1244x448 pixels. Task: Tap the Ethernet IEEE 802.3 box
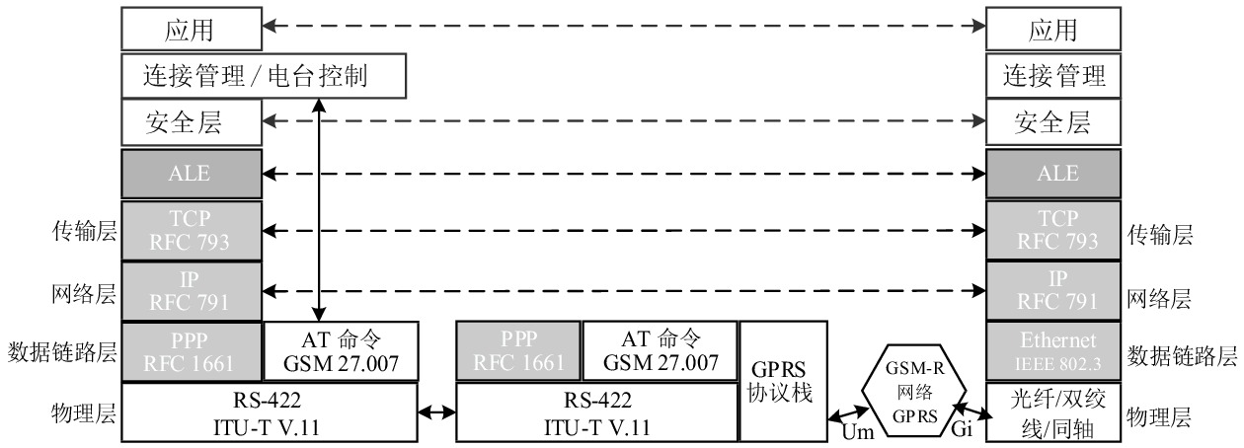(1052, 351)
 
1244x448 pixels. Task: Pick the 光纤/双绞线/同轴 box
(1052, 411)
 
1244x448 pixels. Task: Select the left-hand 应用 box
(191, 30)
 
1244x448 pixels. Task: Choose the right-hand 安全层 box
(1052, 123)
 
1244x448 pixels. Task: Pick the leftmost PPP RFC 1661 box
(191, 351)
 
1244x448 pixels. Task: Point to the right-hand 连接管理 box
(1052, 76)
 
